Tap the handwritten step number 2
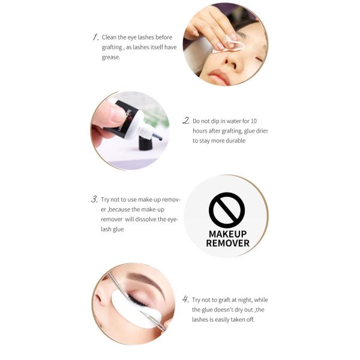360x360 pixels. [x=186, y=121]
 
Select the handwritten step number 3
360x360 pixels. [x=95, y=199]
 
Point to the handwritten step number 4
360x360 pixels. [x=185, y=299]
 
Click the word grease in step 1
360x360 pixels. [x=111, y=58]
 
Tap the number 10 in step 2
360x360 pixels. [x=254, y=121]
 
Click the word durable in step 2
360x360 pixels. [x=236, y=140]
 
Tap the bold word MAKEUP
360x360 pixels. [x=228, y=234]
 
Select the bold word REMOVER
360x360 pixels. [x=228, y=244]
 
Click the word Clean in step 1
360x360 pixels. [x=109, y=37]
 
